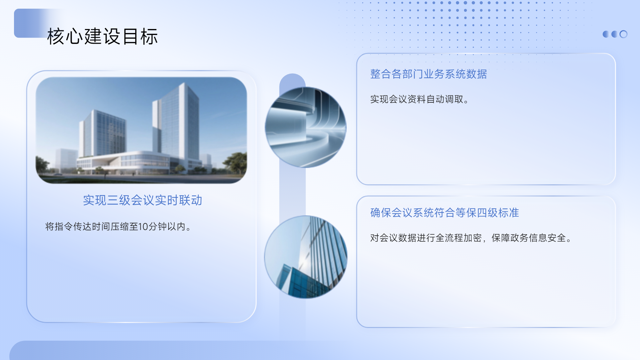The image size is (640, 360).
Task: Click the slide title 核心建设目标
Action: point(102,36)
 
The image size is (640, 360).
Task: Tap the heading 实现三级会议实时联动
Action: point(143,200)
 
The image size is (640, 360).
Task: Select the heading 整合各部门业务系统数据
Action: point(429,74)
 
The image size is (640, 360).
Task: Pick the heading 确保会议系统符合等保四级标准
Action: point(445,213)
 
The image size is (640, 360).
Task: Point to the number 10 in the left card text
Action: point(143,227)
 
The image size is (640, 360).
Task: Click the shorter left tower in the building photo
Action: point(102,133)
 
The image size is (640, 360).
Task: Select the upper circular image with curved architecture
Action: point(306,127)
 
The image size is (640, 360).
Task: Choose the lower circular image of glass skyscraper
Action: point(306,257)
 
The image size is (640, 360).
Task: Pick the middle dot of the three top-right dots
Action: point(614,34)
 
